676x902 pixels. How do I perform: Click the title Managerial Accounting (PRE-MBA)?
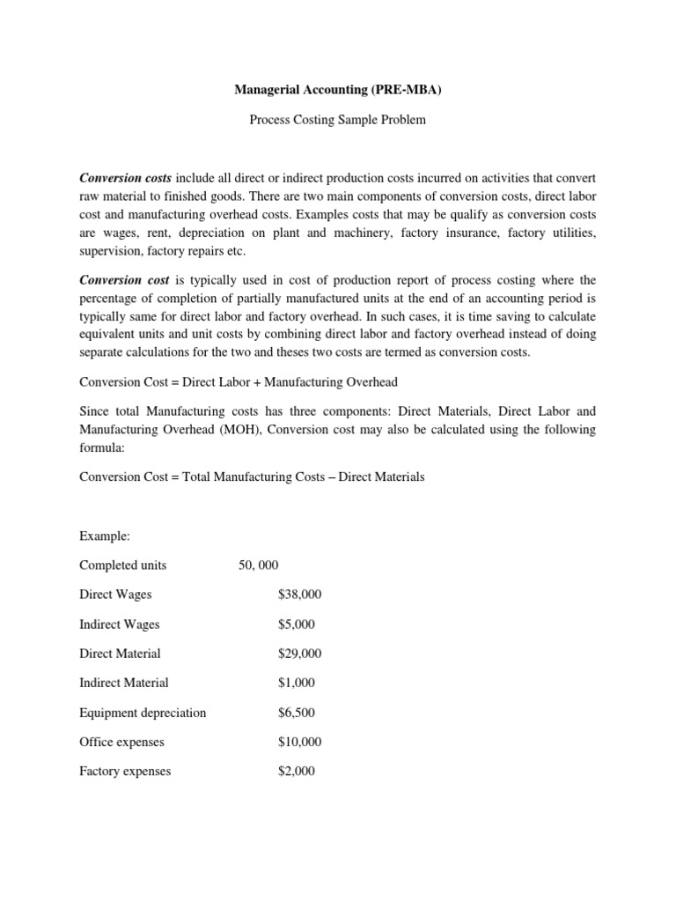click(x=337, y=90)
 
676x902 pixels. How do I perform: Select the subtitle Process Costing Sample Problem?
click(x=337, y=120)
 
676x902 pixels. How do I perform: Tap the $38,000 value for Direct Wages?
click(x=299, y=595)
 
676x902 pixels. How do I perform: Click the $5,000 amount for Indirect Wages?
click(x=296, y=625)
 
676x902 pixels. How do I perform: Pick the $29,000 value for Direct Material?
click(x=299, y=654)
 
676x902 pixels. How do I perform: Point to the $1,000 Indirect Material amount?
click(x=296, y=683)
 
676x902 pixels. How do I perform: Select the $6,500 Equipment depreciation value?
click(x=296, y=713)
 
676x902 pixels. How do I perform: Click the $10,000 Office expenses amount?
click(x=299, y=742)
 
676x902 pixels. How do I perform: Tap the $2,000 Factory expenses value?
click(x=296, y=771)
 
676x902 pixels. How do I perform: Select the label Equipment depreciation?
click(x=143, y=713)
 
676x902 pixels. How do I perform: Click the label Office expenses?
click(x=121, y=742)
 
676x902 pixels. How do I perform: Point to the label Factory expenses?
click(x=125, y=771)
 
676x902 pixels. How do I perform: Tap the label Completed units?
click(x=122, y=566)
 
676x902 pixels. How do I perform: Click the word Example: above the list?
click(x=105, y=536)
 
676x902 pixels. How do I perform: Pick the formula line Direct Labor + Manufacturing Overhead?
click(x=238, y=381)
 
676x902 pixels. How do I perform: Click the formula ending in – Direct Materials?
click(x=252, y=477)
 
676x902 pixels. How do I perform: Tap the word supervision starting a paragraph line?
click(x=109, y=249)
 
